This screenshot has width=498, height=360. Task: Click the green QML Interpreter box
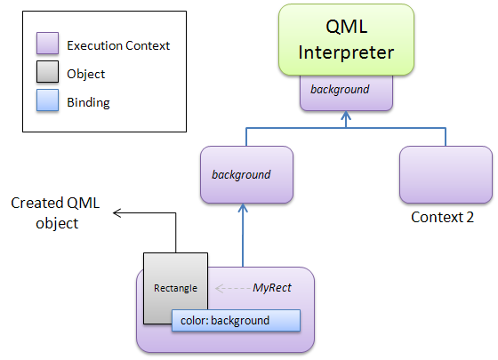(x=346, y=40)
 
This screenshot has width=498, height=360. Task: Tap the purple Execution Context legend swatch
(x=47, y=43)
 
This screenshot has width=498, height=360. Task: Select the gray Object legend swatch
(x=47, y=72)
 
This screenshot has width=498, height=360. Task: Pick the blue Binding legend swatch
(x=47, y=100)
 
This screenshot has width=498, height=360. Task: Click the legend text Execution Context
(x=118, y=45)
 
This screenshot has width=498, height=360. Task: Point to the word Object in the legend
(x=85, y=74)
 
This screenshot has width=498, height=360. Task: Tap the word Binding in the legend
(x=88, y=102)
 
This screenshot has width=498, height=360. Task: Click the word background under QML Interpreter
(x=340, y=90)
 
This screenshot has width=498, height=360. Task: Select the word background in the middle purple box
(x=241, y=175)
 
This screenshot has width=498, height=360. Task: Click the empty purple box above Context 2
(x=446, y=174)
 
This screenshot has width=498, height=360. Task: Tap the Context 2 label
(x=442, y=218)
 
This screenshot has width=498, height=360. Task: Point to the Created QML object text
(x=55, y=212)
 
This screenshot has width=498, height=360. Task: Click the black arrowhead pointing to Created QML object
(x=116, y=213)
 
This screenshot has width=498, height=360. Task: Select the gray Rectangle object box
(x=176, y=288)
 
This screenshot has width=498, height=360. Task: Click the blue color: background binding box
(x=236, y=321)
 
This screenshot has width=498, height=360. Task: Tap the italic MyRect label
(x=272, y=288)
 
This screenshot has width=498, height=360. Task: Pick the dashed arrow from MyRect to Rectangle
(x=233, y=288)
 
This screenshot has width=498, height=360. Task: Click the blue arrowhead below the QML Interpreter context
(x=346, y=115)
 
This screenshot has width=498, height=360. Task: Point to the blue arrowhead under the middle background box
(x=243, y=208)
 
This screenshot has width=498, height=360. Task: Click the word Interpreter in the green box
(x=346, y=52)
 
